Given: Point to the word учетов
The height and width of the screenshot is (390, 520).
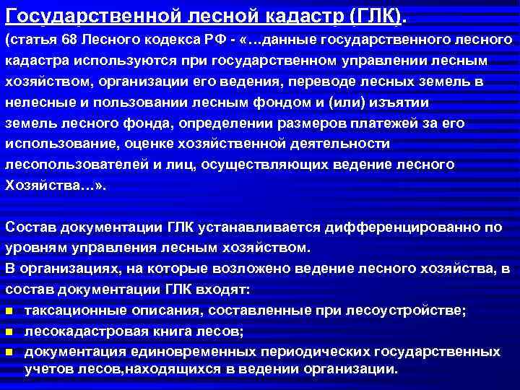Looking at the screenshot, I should point(48,368).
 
